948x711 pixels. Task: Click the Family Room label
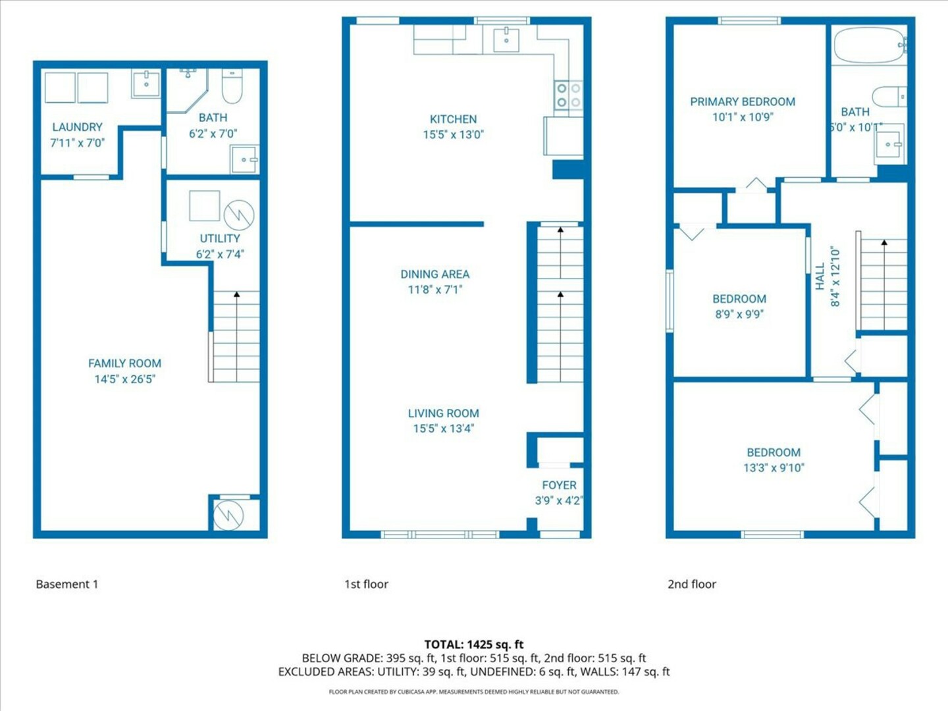coord(125,363)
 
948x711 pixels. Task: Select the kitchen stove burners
coord(568,95)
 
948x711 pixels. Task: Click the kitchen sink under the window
coord(506,39)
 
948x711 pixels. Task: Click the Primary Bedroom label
coord(743,102)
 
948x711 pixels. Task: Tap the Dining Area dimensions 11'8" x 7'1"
coord(435,290)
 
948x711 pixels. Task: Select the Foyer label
coord(559,485)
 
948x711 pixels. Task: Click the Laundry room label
coord(77,127)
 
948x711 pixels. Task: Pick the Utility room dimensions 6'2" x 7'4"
coord(220,254)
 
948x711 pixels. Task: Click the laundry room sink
coord(146,84)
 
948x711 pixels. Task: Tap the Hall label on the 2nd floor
coord(820,276)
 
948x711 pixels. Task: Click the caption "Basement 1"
coord(67,584)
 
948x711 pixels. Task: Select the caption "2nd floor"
coord(692,584)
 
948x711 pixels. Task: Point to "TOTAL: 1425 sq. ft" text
coord(474,645)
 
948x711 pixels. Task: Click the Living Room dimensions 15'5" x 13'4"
coord(444,429)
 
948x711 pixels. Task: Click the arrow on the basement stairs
coord(237,336)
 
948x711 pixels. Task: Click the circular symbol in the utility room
coord(239,215)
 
